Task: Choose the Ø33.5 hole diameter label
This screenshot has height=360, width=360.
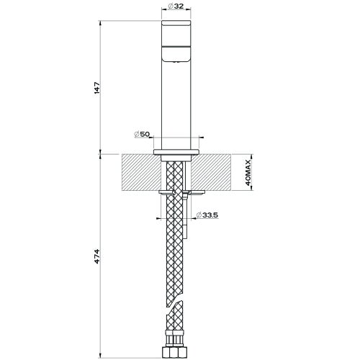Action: (208, 214)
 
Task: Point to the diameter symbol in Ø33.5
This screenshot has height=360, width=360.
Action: (199, 214)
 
